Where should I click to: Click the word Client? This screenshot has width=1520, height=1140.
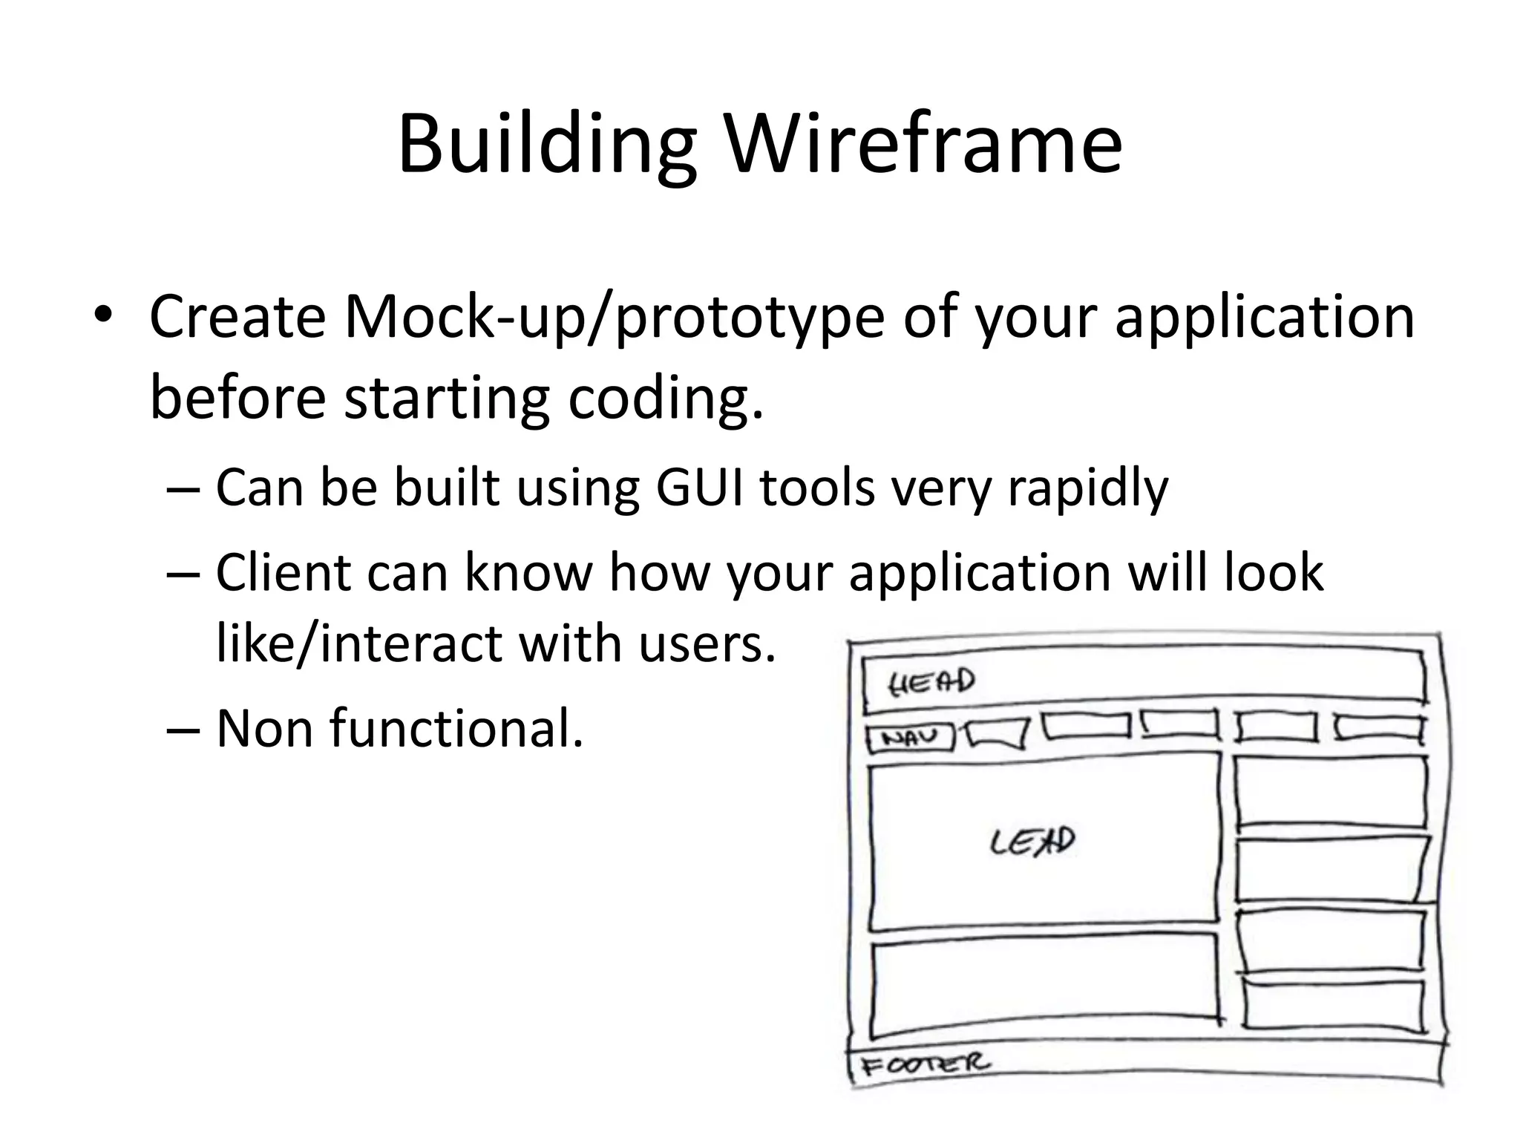[283, 571]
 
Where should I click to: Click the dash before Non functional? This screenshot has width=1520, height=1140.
[183, 729]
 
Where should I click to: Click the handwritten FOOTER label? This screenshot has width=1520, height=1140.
[925, 1064]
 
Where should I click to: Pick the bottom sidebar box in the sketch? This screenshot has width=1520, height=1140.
[1334, 1005]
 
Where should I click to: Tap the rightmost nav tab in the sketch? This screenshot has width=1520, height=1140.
[1378, 727]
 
